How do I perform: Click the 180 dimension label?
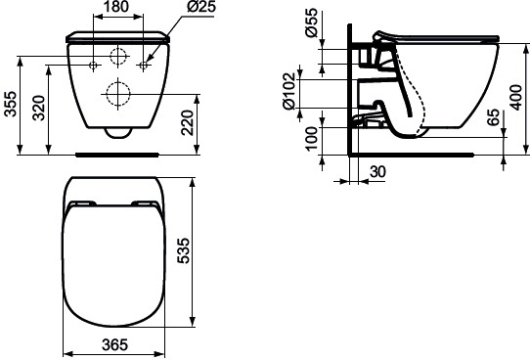tap(116, 7)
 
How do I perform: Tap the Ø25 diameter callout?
tap(201, 7)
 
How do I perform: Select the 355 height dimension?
tap(11, 104)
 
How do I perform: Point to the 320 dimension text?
tap(39, 108)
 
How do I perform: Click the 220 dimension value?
tap(188, 122)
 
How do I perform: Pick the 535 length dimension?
tap(184, 250)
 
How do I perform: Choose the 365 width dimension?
tap(115, 344)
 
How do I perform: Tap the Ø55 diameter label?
tap(311, 22)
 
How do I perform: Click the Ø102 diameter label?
tap(289, 91)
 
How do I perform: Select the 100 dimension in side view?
tap(312, 139)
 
